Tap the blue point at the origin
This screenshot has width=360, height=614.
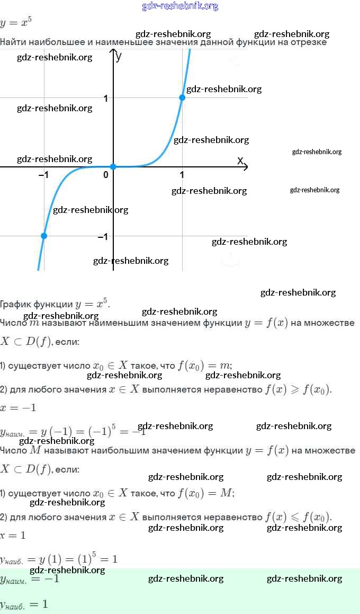coord(113,167)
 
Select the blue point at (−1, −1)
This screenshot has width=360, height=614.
coord(44,236)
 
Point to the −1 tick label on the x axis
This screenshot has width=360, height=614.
coord(44,175)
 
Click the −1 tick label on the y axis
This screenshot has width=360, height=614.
coord(103,237)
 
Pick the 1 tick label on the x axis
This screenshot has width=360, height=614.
coord(182,175)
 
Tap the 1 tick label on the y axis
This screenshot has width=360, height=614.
coord(106,99)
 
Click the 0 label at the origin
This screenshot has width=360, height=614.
coord(106,175)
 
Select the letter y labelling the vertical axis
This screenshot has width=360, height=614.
coord(119,55)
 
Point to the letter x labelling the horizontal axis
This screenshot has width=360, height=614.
coord(240,160)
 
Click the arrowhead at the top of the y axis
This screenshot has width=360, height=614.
coord(113,51)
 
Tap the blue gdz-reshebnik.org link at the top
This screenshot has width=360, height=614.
coord(180,6)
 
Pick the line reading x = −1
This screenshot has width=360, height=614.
coord(18,408)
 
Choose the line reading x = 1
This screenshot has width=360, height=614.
coord(13,536)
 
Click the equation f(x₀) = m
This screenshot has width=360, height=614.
coord(205,366)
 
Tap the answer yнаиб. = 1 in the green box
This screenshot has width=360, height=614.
coord(24,604)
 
